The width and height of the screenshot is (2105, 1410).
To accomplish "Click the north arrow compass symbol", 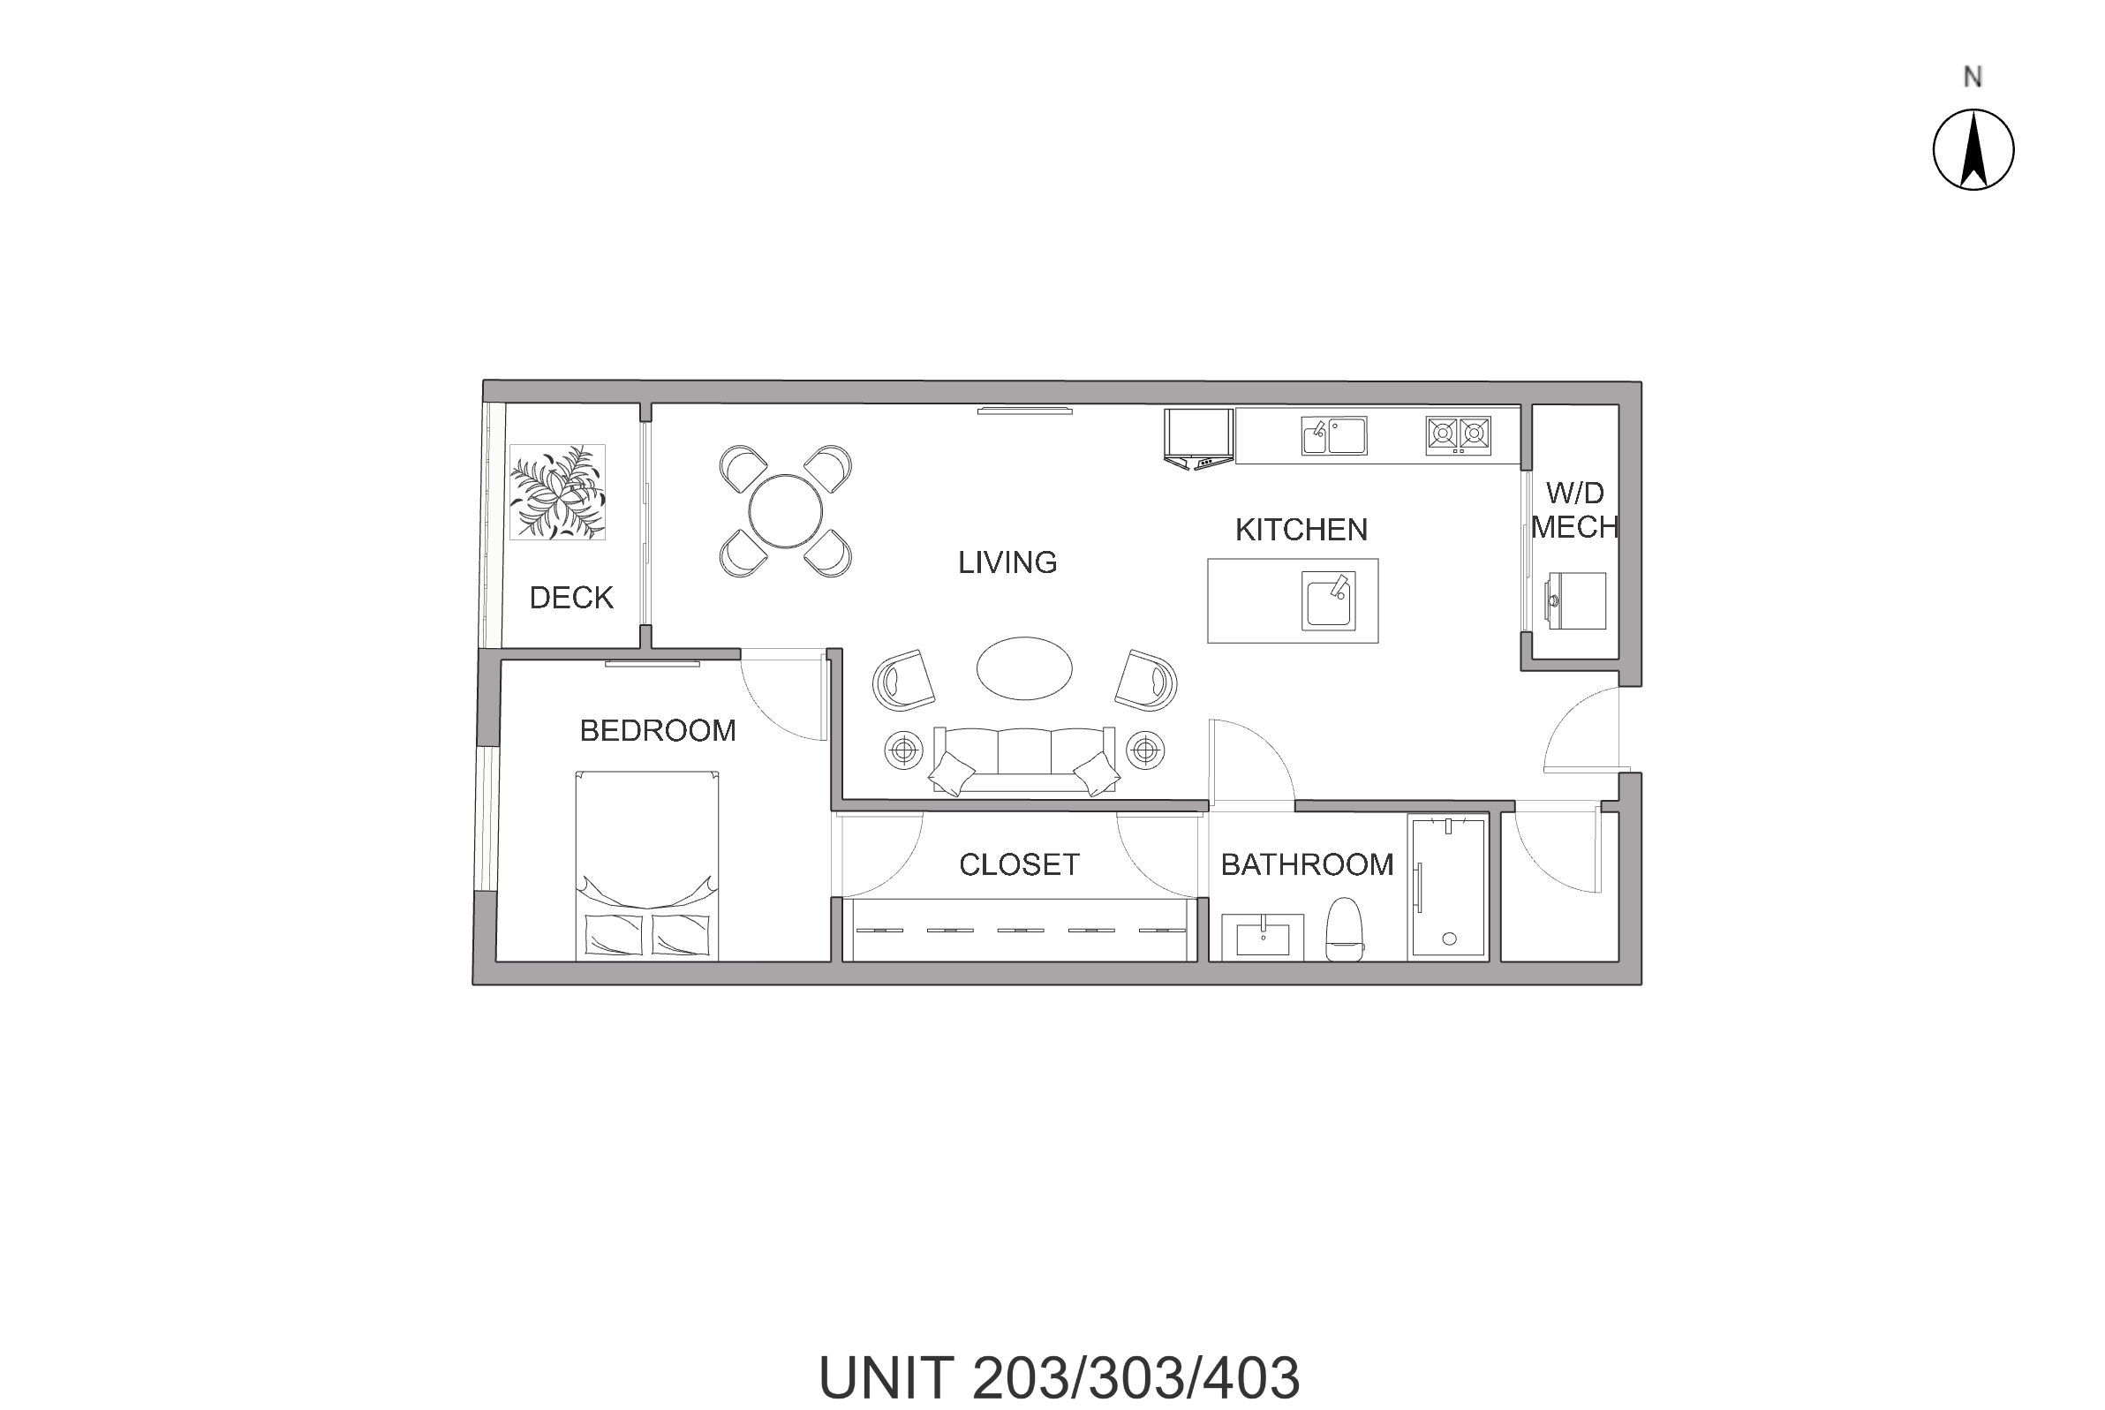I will coord(1973,149).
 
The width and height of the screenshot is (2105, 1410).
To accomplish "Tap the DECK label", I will coord(571,598).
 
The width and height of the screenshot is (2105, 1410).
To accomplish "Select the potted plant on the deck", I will coord(557,492).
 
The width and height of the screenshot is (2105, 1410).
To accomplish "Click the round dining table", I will coord(785,511).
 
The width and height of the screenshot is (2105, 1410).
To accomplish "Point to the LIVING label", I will coord(1007,563).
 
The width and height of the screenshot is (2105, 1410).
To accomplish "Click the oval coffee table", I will coord(1024,668).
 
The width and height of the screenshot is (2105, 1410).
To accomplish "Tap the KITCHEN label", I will coord(1301,530).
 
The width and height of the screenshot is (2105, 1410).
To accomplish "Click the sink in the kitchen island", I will coord(1328,600).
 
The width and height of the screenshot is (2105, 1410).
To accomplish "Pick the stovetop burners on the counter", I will coord(1458,435).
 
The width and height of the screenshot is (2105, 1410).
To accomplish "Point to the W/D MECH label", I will coord(1574,509).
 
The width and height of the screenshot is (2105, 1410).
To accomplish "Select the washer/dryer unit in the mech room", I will coord(1576,600).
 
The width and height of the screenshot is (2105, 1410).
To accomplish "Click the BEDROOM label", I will coord(657,730).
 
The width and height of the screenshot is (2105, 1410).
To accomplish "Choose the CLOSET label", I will coord(1019,864).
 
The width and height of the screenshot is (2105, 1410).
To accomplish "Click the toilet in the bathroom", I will coord(1345,929).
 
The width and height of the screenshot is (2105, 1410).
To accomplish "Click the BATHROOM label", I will coord(1307,864).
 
